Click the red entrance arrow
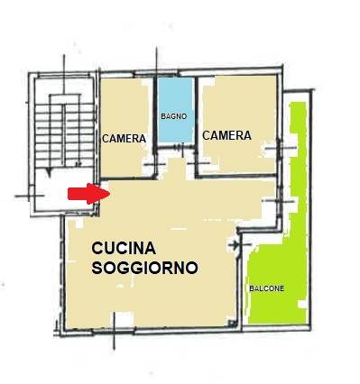point(88,194)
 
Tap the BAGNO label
point(174,116)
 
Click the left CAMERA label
point(124,139)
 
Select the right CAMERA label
point(226,135)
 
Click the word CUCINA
point(124,249)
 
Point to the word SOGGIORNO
point(144,268)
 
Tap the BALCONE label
point(267,288)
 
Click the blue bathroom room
point(175,110)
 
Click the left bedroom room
point(125,127)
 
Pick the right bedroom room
point(238,123)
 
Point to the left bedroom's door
point(154,164)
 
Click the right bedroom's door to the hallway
point(198,163)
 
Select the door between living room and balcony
point(239,245)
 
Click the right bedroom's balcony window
point(281,148)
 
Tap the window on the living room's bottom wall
point(114,331)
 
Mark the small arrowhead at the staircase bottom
point(49,172)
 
